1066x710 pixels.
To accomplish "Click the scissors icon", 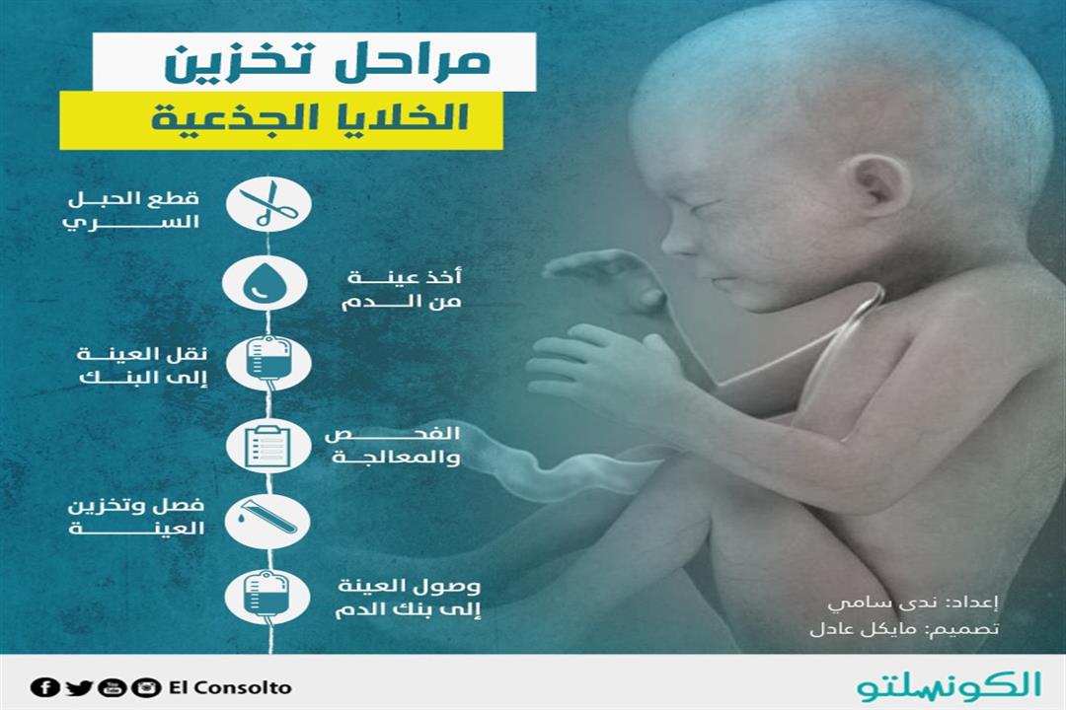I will point(267,204).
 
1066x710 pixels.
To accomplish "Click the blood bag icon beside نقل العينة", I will point(267,364).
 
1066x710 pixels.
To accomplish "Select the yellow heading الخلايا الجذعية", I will point(280,120).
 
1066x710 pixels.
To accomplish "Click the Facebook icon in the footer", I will point(43,687).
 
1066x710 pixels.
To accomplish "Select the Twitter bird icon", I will point(79,687).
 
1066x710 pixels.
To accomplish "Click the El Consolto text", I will point(230,687).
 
